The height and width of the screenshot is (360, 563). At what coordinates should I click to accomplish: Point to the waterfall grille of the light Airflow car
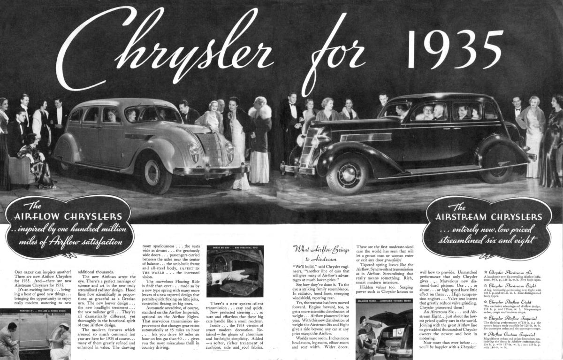212,148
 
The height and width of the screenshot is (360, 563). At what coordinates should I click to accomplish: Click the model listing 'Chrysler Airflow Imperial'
513,318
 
